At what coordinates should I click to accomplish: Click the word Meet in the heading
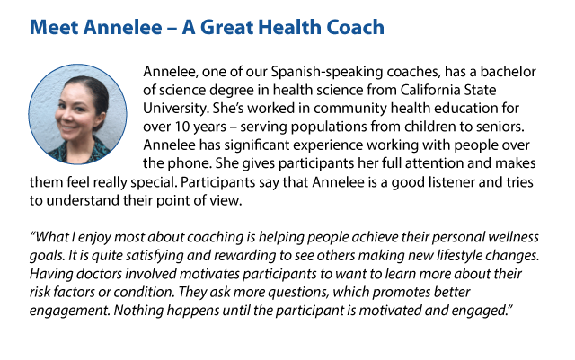(x=54, y=28)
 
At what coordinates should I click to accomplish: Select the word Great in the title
(x=226, y=28)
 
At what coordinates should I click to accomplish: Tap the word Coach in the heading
(x=356, y=28)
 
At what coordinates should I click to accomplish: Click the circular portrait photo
(x=78, y=114)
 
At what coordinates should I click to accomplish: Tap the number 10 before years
(x=181, y=127)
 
